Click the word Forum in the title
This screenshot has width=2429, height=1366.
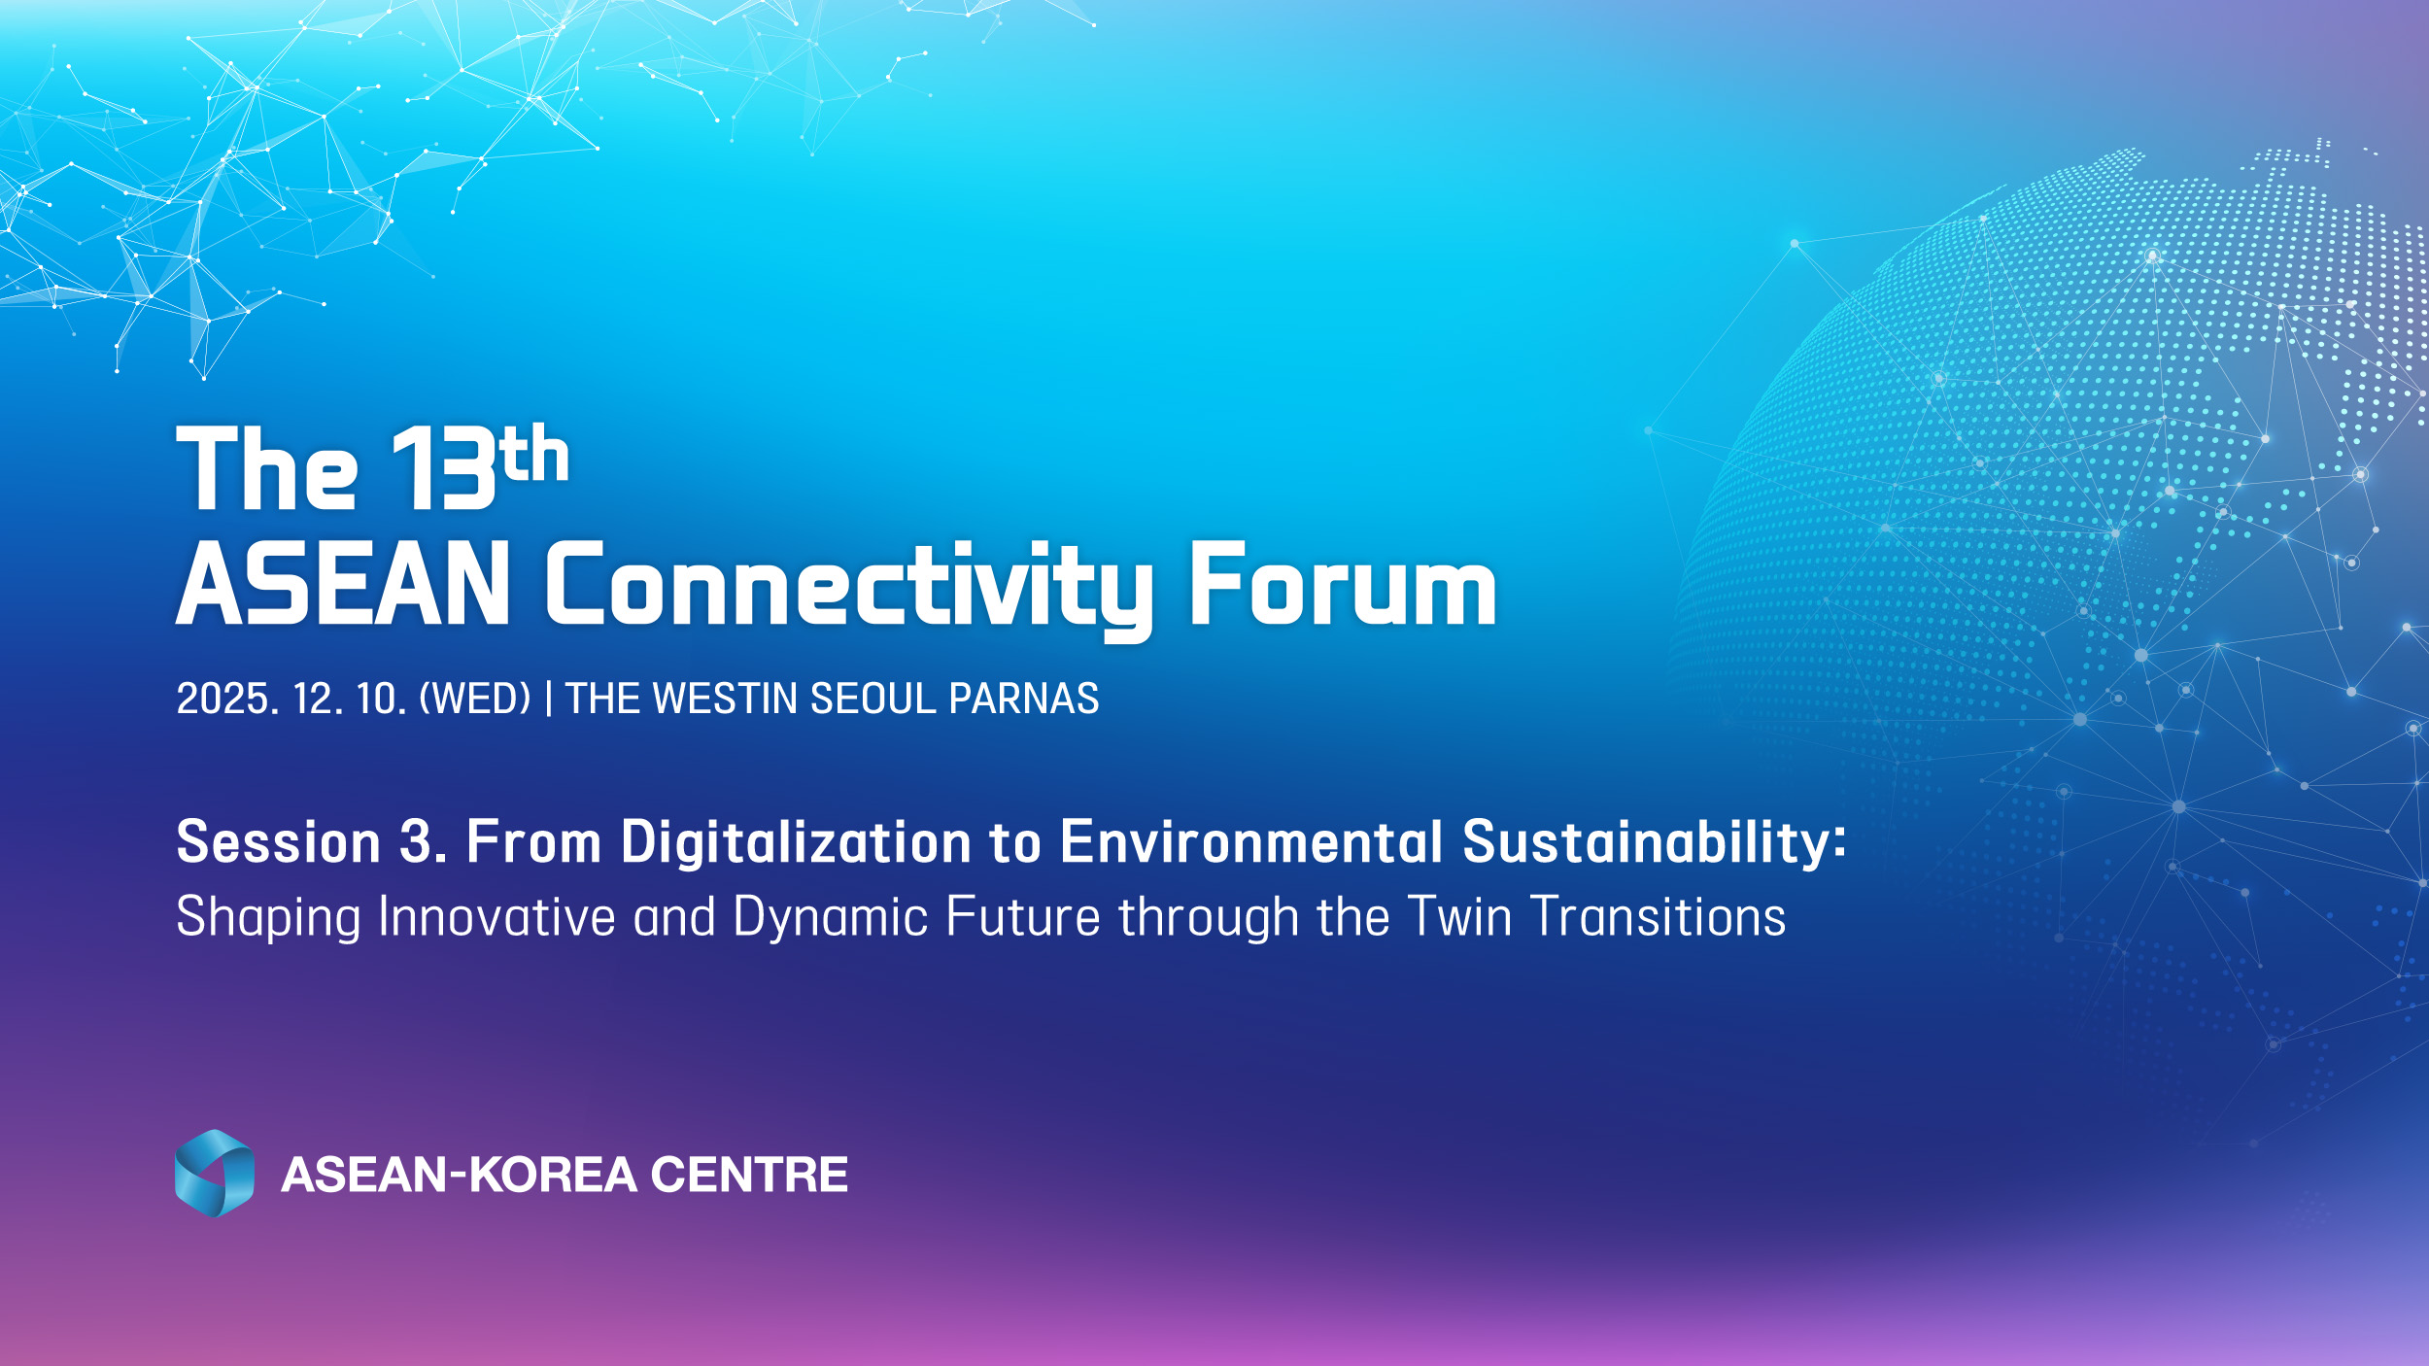(1343, 584)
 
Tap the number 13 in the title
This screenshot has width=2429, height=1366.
(443, 468)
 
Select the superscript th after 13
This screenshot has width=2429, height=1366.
(535, 453)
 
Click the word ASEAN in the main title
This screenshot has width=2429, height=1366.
(343, 584)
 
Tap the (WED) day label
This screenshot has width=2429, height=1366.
(475, 699)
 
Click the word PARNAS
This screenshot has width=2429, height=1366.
(1024, 699)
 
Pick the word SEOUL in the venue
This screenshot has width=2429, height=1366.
(872, 699)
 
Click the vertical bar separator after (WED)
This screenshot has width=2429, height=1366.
(550, 699)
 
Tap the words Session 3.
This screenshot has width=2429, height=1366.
(312, 841)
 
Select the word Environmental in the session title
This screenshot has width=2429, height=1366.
(1251, 841)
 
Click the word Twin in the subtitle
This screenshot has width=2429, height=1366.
(1460, 916)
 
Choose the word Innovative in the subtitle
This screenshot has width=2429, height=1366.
(497, 916)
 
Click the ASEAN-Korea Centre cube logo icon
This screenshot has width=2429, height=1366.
(215, 1173)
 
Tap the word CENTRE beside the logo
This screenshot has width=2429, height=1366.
(749, 1174)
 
